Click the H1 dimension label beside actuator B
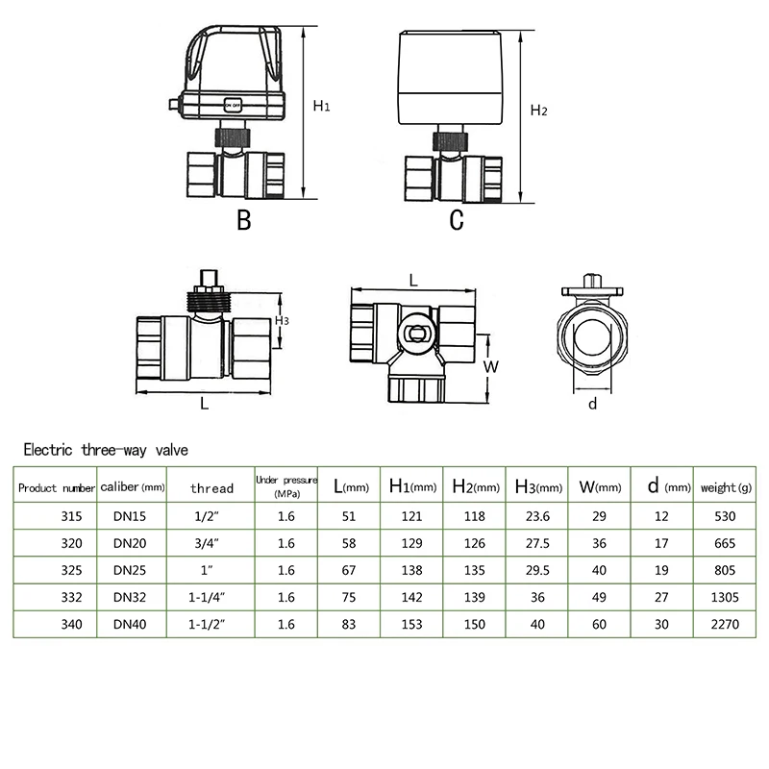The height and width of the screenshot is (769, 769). [321, 107]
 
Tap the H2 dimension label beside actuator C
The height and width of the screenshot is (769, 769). [539, 111]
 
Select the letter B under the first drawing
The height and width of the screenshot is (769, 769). [244, 221]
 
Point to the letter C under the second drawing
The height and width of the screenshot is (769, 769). [457, 221]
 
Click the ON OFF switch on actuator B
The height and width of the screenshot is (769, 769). [233, 105]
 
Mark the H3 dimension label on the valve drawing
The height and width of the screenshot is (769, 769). [282, 320]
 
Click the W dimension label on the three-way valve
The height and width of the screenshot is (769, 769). [489, 366]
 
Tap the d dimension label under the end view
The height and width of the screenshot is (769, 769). [592, 404]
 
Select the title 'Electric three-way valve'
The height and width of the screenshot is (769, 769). [107, 449]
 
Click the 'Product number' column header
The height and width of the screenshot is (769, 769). [57, 487]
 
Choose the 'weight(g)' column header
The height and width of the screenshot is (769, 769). [726, 487]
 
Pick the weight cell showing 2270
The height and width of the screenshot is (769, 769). [726, 623]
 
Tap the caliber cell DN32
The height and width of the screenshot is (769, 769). [130, 596]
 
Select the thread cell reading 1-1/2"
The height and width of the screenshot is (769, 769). [209, 623]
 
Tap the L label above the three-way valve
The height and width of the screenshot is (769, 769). [412, 280]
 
